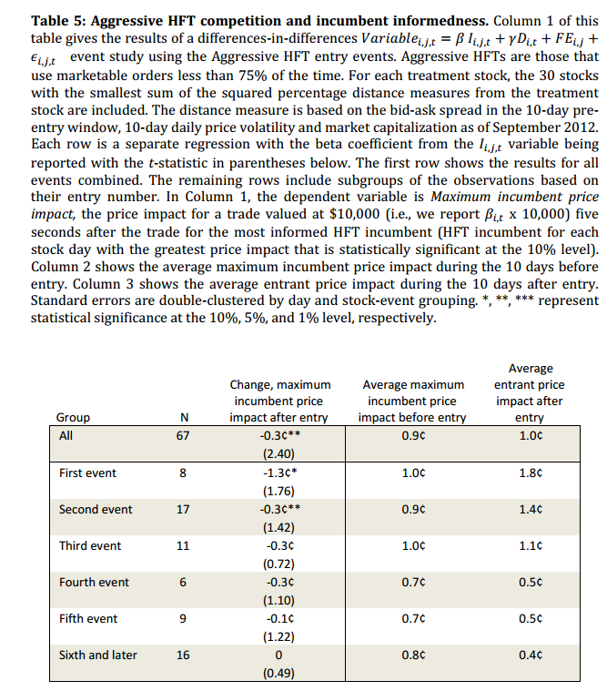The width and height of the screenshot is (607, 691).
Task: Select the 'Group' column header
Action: [73, 417]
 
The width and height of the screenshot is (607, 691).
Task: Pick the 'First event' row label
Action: [87, 473]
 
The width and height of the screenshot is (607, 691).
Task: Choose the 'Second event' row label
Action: [96, 509]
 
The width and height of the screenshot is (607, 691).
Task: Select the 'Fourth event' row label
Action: [94, 582]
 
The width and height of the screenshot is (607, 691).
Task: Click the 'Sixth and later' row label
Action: [98, 655]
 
